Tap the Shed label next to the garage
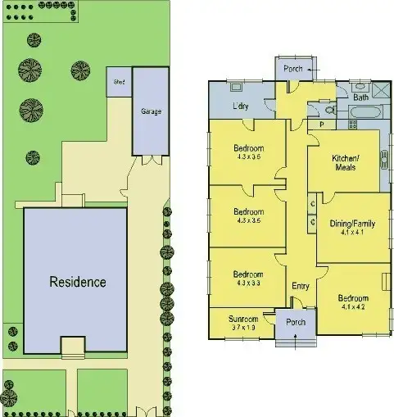point(119,82)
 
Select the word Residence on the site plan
point(78,282)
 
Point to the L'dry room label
point(240,106)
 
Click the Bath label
point(360,97)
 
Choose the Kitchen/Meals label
point(345,162)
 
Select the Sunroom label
point(243,319)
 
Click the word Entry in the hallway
point(301,286)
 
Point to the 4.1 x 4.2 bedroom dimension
point(351,307)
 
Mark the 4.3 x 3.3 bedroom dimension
point(247,283)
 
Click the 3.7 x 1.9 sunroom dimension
point(243,328)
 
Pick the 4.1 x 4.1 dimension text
point(351,232)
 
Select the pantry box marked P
point(322,125)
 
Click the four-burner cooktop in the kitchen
point(353,125)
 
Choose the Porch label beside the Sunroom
point(295,322)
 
